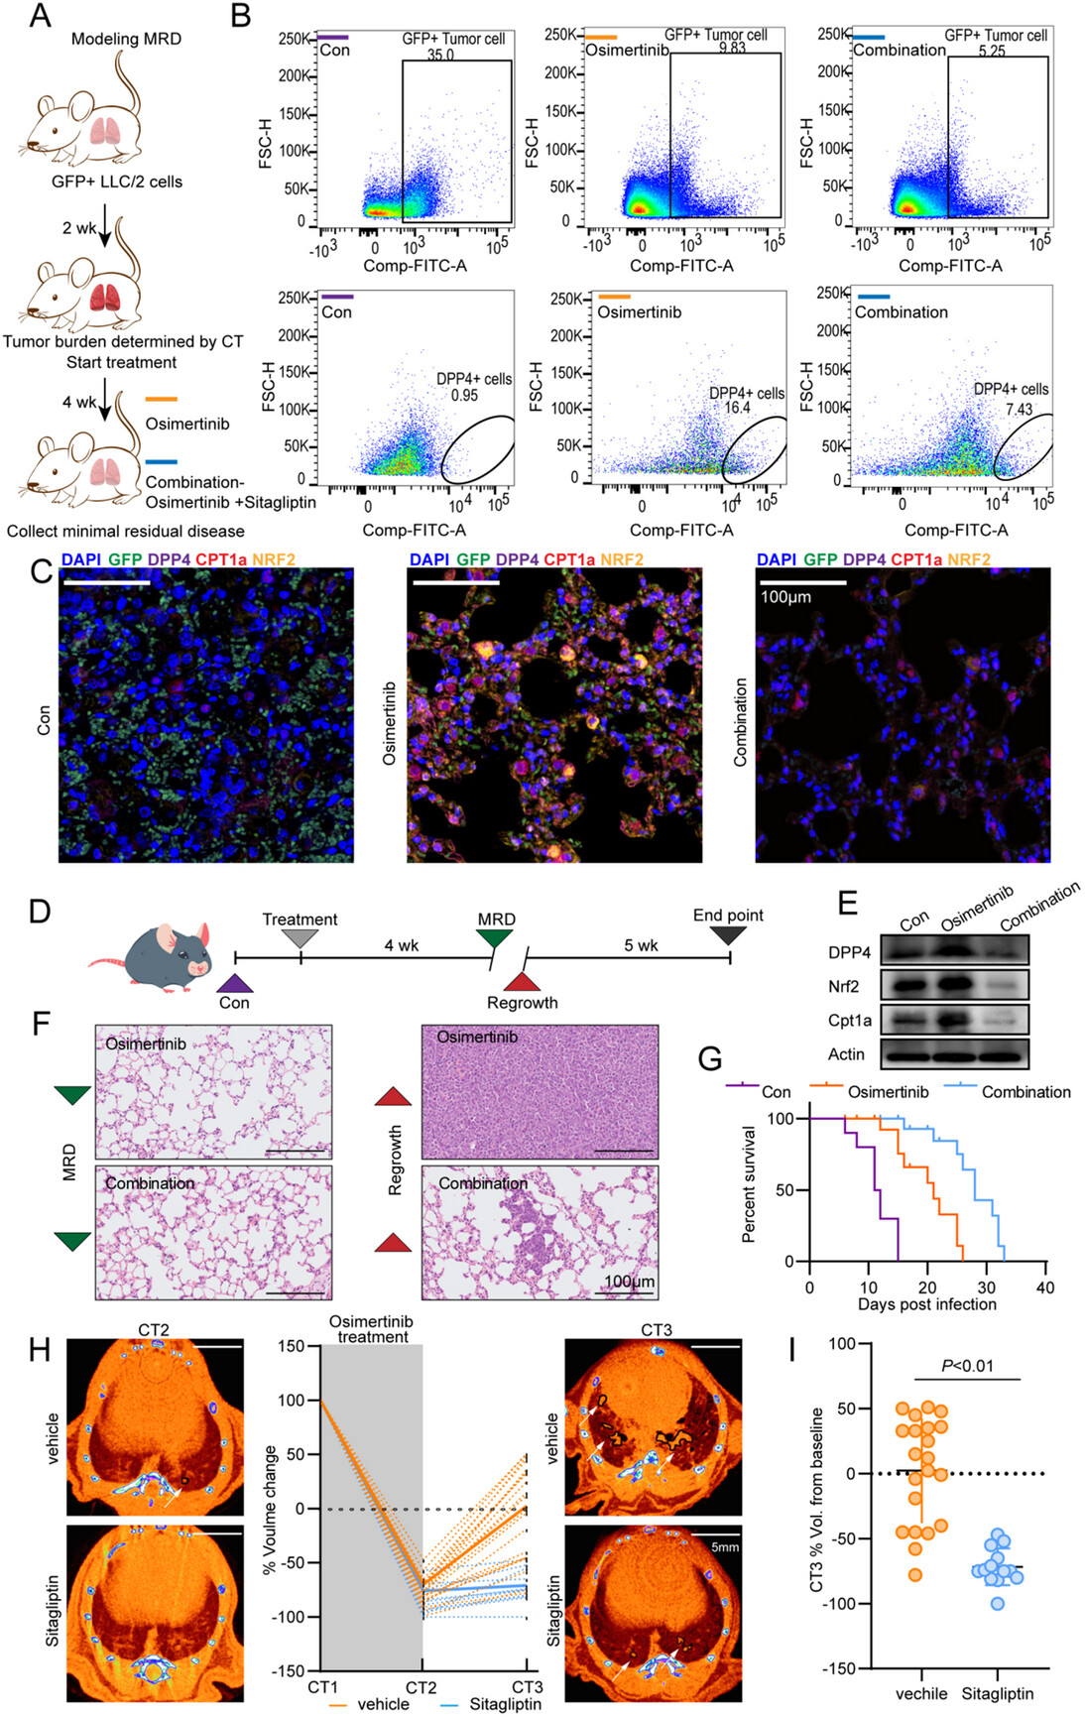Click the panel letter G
click(x=710, y=1058)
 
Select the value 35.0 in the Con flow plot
click(x=440, y=55)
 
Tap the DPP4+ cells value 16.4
click(x=737, y=408)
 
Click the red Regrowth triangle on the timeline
click(x=523, y=981)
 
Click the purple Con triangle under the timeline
click(x=235, y=983)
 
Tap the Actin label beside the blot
click(x=846, y=1054)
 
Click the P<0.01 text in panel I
click(x=966, y=1366)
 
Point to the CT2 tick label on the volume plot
click(x=421, y=1687)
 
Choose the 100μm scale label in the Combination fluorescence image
click(x=785, y=597)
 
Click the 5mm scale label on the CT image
click(x=725, y=1546)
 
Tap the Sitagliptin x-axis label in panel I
click(x=997, y=1693)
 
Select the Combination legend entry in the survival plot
click(x=1025, y=1092)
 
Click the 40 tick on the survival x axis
click(x=1045, y=1288)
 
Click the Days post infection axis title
click(x=926, y=1304)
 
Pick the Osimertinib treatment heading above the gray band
click(x=371, y=1329)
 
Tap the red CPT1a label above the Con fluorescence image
click(x=220, y=559)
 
